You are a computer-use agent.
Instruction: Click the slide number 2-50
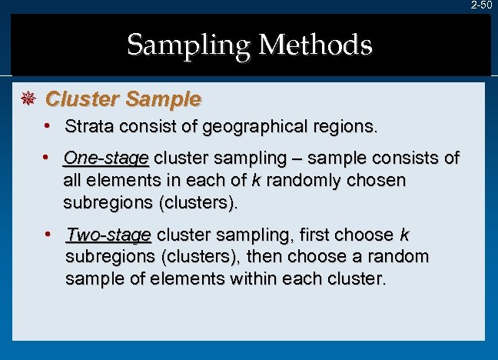(482, 5)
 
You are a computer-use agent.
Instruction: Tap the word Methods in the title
(316, 45)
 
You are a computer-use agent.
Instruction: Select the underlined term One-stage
(106, 159)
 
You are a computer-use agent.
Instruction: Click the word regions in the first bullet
(347, 126)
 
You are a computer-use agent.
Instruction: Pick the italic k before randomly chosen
(256, 181)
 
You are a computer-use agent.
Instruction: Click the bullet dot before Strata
(48, 125)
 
